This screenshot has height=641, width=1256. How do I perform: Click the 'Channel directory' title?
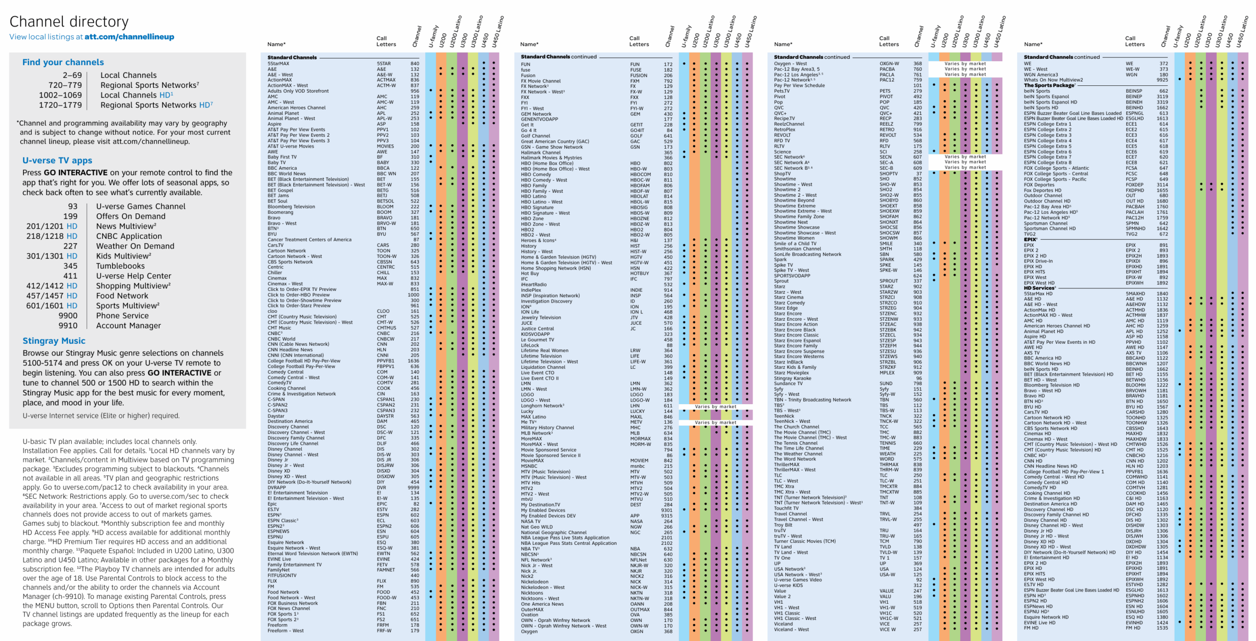click(x=69, y=22)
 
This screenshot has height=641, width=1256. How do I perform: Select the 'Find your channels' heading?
click(x=63, y=62)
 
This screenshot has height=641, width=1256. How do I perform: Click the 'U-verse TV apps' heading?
click(x=57, y=160)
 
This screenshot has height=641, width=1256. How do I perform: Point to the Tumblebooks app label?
click(x=120, y=266)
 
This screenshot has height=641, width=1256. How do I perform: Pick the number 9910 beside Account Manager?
click(x=68, y=326)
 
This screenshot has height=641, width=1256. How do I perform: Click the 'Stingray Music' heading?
click(x=53, y=341)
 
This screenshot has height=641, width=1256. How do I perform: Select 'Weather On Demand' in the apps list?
click(x=135, y=246)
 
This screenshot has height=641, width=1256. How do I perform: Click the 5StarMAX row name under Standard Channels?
click(x=278, y=64)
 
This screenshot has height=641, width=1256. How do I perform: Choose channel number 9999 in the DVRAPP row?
click(x=413, y=487)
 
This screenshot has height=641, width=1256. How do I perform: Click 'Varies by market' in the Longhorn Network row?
click(x=715, y=407)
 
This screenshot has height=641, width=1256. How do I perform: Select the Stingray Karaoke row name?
click(x=792, y=378)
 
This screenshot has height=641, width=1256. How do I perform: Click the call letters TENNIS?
click(x=888, y=443)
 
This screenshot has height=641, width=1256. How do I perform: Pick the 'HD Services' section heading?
click(x=1038, y=288)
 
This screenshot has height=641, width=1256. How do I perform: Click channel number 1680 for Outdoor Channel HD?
click(x=1162, y=201)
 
